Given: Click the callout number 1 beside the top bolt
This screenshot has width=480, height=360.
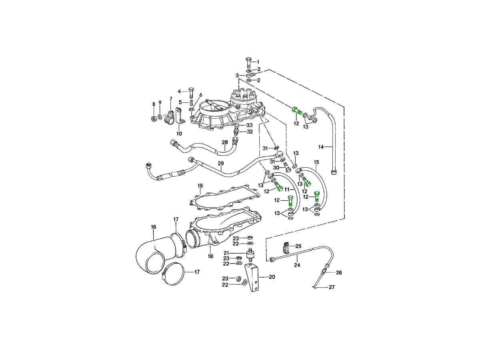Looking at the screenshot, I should [x=258, y=62].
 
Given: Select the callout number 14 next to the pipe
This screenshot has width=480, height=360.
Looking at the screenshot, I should [x=321, y=147].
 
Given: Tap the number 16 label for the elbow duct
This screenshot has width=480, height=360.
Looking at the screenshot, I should [x=153, y=227].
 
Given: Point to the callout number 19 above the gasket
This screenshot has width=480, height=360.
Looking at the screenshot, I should [x=200, y=186].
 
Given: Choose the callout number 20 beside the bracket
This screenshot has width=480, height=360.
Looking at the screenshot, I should [x=272, y=277].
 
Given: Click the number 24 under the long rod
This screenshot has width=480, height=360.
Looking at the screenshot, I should [x=297, y=265].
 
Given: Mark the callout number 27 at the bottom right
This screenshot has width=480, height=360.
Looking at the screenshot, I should [x=331, y=287].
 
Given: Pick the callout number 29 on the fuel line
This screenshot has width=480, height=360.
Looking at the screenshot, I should [x=220, y=163].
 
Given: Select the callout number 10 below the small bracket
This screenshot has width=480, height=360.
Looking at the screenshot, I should [x=179, y=133].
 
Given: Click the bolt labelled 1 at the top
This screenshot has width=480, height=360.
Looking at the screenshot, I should [x=248, y=62].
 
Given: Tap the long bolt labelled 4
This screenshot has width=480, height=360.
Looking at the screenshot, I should [x=191, y=93].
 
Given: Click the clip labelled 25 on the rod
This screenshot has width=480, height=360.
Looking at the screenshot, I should [x=287, y=248].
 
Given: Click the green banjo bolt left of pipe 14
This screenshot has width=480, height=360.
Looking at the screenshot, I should [x=296, y=110].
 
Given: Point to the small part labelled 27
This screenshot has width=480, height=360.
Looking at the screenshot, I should [x=316, y=286].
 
